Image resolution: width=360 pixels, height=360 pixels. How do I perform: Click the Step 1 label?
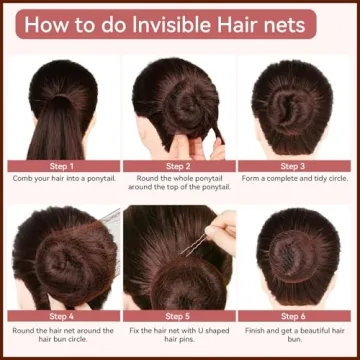(62, 166)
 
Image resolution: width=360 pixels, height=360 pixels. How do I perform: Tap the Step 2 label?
(178, 166)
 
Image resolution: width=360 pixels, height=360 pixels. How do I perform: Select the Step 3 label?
(293, 166)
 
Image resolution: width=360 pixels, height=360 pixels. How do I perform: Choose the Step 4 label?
(62, 316)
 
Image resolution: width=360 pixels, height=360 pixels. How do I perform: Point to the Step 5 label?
(178, 316)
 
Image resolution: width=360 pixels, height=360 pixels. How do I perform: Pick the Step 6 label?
(293, 316)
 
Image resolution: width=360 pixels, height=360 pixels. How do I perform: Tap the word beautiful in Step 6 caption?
(316, 331)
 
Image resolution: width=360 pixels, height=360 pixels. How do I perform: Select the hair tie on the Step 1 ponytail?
(63, 98)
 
